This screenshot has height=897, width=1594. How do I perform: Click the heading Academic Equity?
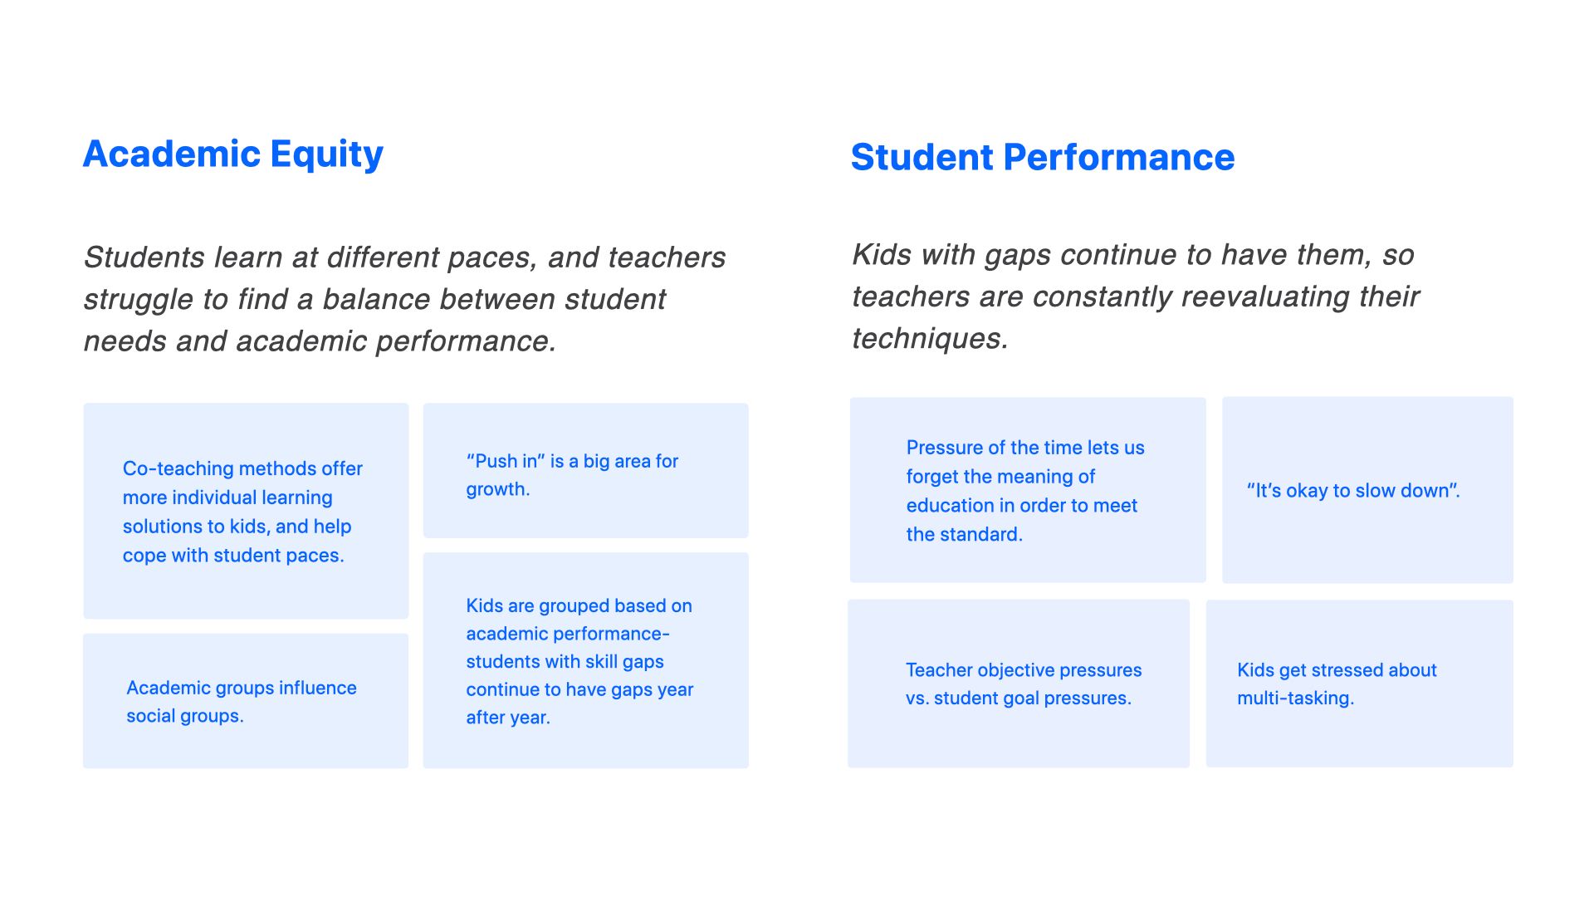coord(233,154)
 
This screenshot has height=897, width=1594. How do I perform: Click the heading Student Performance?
coord(1043,157)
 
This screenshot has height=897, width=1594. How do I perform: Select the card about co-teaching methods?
coord(246,511)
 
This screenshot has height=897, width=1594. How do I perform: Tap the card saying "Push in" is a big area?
coord(585,470)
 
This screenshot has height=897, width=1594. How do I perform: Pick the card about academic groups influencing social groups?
coord(246,701)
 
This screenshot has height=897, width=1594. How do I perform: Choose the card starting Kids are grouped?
coord(585,660)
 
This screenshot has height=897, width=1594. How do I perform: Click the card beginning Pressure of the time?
coord(1028,490)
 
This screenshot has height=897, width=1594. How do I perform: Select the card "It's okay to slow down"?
coord(1367,490)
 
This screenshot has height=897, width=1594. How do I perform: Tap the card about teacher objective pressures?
coord(1019,684)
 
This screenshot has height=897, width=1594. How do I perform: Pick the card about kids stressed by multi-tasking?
coord(1360,684)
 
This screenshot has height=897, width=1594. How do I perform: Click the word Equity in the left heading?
coord(327,155)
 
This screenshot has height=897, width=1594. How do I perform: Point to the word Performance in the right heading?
coord(1119,157)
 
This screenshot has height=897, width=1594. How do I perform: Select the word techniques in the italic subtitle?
coord(930,338)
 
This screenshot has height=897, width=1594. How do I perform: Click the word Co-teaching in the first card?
coord(176,468)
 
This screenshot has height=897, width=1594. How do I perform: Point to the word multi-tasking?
coord(1295,698)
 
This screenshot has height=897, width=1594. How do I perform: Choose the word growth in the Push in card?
coord(497,490)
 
